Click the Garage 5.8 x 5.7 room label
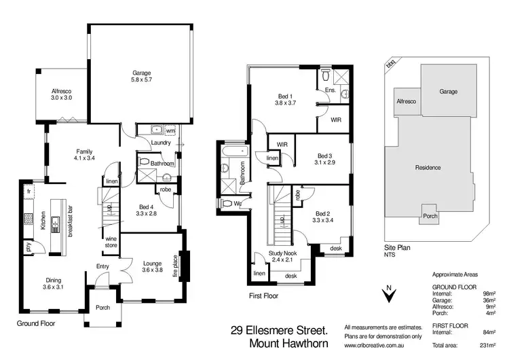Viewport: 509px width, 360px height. click(x=141, y=76)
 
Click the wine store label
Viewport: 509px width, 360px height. click(x=111, y=241)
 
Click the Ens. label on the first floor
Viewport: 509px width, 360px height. click(x=331, y=90)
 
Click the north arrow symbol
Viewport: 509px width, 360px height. click(x=388, y=294)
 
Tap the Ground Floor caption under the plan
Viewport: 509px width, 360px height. click(x=35, y=323)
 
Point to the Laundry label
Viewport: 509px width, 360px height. click(x=161, y=142)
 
